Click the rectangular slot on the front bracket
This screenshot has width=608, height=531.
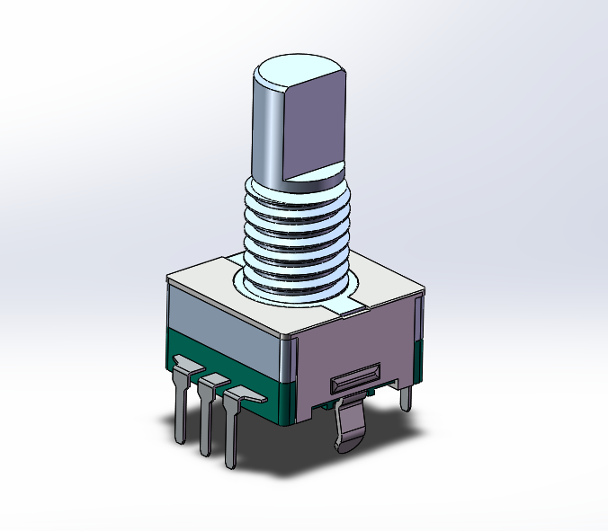(355, 379)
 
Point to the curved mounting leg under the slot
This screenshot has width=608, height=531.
(349, 427)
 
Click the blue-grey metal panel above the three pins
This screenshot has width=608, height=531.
(225, 319)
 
